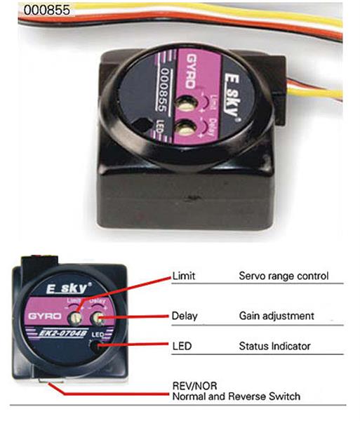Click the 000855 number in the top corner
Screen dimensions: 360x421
(47, 10)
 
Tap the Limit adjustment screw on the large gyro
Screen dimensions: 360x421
(186, 103)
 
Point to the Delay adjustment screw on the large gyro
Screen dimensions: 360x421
(187, 127)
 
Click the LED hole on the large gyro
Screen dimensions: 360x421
(142, 125)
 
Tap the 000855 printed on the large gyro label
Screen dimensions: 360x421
(163, 90)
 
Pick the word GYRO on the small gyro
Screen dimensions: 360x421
(45, 316)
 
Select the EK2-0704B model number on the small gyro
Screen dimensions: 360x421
(63, 333)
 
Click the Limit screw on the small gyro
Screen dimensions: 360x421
(75, 318)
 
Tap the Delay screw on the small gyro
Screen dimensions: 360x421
(97, 319)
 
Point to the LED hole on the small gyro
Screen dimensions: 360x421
(97, 346)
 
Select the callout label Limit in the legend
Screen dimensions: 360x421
(184, 276)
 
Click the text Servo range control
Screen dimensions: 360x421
(284, 276)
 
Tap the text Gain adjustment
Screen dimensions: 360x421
(276, 316)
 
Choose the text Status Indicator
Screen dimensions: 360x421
(274, 346)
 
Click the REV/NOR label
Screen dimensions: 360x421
(194, 386)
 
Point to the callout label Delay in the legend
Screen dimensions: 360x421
(185, 316)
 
